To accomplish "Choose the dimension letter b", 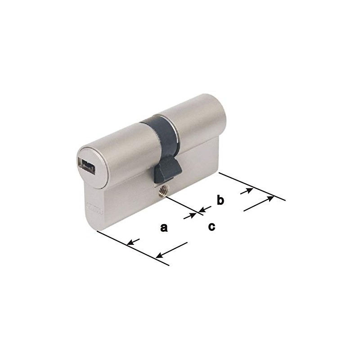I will tap(220, 200).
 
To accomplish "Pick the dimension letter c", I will tap(211, 227).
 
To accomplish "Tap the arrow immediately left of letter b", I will tap(205, 208).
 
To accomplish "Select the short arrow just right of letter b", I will tap(246, 191).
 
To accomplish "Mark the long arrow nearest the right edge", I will tap(259, 203).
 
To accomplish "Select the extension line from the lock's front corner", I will tap(133, 248).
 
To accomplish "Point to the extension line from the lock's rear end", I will tap(252, 186).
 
